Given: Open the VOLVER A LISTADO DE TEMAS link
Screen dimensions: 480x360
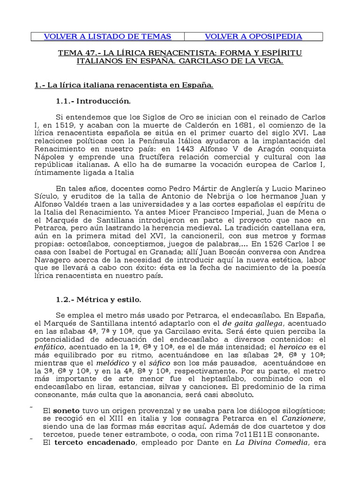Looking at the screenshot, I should (x=107, y=37).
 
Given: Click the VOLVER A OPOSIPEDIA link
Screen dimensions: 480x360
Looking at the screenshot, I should (x=253, y=37).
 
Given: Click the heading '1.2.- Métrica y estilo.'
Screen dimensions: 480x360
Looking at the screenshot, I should (x=98, y=299).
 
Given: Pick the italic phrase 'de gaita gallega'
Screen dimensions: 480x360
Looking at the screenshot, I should (x=253, y=323).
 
